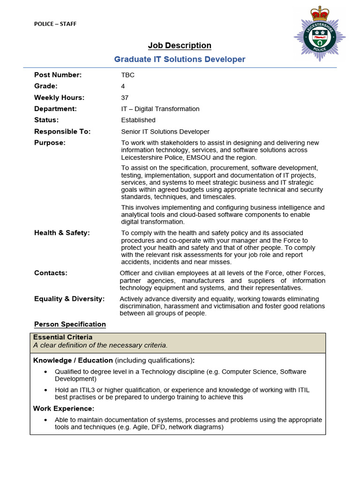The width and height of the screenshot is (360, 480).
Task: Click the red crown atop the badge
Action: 320,12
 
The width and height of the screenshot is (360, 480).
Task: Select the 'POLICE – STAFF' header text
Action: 55,24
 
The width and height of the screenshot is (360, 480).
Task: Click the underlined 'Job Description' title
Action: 180,45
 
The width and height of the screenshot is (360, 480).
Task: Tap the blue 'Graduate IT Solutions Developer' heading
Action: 180,59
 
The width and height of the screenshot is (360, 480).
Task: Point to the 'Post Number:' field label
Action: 58,75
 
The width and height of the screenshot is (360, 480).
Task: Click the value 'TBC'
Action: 127,75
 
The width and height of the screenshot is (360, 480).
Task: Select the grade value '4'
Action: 123,86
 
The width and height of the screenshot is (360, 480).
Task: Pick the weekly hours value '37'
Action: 125,97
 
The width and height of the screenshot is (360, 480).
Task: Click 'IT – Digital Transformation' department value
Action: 160,109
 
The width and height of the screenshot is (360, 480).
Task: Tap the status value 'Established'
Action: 138,120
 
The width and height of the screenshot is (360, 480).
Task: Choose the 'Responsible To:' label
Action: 62,132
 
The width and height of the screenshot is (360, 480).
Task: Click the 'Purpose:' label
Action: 50,143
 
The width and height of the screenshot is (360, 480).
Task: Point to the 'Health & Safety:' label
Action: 62,233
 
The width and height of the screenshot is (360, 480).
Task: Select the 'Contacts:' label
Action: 51,273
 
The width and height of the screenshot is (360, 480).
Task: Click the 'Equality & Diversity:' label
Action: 69,299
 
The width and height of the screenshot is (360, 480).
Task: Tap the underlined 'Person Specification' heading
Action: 70,324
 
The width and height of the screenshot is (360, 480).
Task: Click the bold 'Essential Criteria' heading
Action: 63,337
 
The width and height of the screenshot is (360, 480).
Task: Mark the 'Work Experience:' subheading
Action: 63,409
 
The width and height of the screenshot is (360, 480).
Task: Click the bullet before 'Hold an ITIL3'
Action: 45,390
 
